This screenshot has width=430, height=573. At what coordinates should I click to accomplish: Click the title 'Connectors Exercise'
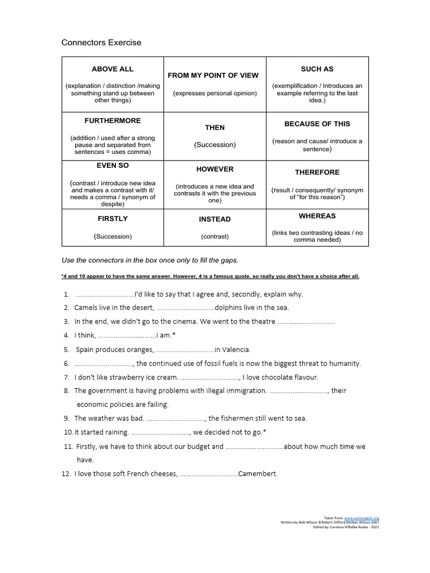click(101, 43)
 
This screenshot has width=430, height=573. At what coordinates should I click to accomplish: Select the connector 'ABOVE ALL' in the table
click(113, 69)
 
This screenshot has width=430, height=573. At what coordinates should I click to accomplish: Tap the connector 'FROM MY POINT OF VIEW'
click(214, 75)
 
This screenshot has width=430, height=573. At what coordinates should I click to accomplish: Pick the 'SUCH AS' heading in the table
click(317, 69)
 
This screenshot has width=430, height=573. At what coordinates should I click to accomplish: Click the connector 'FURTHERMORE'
click(113, 120)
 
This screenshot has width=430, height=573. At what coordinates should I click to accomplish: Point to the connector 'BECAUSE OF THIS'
click(317, 124)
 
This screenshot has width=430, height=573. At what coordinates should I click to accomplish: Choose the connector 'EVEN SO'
click(113, 166)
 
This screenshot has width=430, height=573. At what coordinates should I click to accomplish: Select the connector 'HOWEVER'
click(214, 169)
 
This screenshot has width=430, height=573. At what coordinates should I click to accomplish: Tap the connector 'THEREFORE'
click(317, 172)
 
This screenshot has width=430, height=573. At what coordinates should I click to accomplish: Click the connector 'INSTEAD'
click(214, 219)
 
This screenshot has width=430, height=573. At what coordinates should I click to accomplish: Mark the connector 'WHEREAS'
click(317, 216)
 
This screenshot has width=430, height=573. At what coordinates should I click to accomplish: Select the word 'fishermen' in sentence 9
click(237, 418)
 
